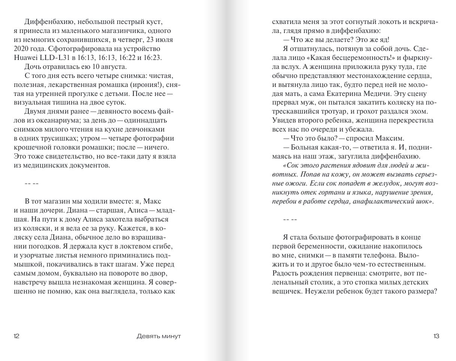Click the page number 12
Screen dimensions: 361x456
16,336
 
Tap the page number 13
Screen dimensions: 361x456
436,336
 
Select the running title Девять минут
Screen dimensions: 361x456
159,336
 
